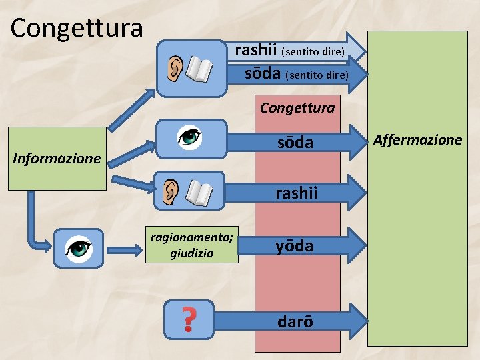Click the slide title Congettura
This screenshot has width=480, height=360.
(x=77, y=28)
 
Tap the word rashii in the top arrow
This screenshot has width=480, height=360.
(x=257, y=50)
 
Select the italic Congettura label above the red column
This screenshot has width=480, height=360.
(x=297, y=107)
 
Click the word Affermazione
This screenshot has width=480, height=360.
(x=417, y=139)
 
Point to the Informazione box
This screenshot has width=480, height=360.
(x=57, y=159)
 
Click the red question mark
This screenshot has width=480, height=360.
(x=189, y=319)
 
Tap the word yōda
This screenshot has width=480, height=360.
(x=295, y=246)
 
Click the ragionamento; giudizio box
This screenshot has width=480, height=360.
(x=191, y=245)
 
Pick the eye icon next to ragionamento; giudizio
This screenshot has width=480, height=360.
(x=79, y=248)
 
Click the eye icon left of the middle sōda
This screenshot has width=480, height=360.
(x=190, y=137)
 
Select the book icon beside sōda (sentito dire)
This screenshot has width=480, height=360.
(x=200, y=69)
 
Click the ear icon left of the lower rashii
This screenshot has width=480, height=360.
(x=171, y=191)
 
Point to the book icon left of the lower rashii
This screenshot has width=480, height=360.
(x=198, y=193)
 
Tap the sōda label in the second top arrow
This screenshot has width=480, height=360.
(x=262, y=73)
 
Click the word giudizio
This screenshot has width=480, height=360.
(x=191, y=253)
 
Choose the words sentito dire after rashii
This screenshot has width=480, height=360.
(x=313, y=51)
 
